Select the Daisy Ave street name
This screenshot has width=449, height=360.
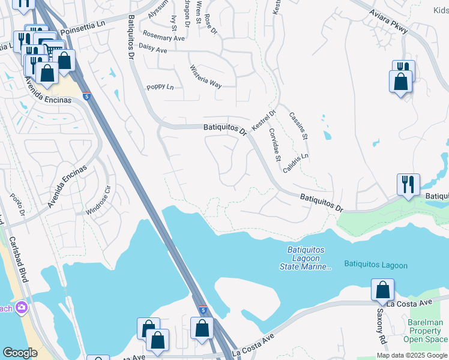(152, 49)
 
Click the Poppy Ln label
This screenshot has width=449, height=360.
(160, 88)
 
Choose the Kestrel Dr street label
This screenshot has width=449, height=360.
(263, 121)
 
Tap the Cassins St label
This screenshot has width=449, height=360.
(298, 125)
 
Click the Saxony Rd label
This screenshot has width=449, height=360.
(381, 324)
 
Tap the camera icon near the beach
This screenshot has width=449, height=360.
(22, 308)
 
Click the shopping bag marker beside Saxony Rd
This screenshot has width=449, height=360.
(382, 290)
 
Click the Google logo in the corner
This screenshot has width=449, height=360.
(20, 353)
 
